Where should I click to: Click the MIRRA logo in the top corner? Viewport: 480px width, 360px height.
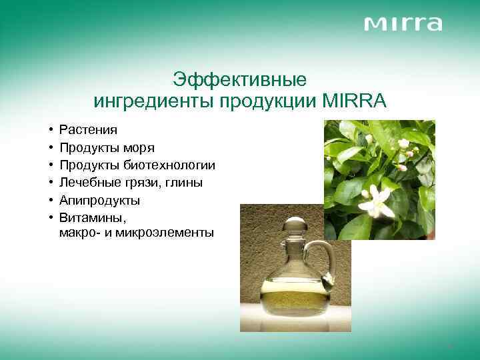click(403, 24)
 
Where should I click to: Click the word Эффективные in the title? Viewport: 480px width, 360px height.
click(239, 80)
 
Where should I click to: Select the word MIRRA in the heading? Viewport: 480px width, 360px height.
click(353, 101)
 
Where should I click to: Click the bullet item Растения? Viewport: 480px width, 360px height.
click(88, 129)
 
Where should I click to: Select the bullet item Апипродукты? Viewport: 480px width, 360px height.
click(99, 199)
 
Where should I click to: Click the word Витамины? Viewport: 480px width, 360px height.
click(89, 217)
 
